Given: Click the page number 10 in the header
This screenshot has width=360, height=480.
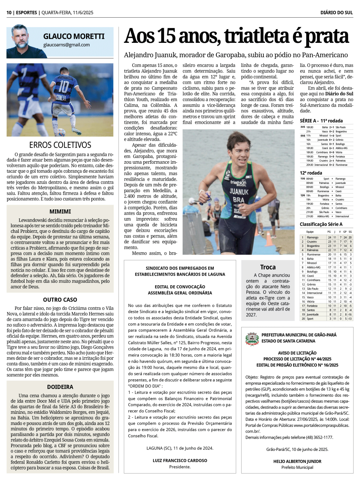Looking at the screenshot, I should [9, 13].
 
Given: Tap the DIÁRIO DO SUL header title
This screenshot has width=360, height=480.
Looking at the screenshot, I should [336, 13].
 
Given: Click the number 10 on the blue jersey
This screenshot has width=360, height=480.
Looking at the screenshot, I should [64, 86].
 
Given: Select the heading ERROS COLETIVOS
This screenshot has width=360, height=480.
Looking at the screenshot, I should [60, 145].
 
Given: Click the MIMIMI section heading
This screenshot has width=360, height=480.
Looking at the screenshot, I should [60, 212].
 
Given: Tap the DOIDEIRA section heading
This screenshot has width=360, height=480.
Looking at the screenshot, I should [60, 387].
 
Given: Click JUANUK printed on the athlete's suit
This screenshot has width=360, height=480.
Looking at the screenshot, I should [239, 192].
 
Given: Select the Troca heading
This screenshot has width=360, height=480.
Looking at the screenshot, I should [268, 267].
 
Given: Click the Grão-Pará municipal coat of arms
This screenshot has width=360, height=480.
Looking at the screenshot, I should [252, 338].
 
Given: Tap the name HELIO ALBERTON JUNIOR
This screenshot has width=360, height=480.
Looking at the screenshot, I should [297, 461].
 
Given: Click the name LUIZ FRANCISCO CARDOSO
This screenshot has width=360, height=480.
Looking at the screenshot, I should [180, 461].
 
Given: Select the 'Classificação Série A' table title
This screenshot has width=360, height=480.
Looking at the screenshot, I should [321, 224].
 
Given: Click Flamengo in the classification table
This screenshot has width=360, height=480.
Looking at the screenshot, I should [312, 237].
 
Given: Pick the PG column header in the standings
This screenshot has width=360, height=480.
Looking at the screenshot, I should [329, 232].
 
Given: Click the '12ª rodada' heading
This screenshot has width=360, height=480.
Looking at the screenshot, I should [311, 173].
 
